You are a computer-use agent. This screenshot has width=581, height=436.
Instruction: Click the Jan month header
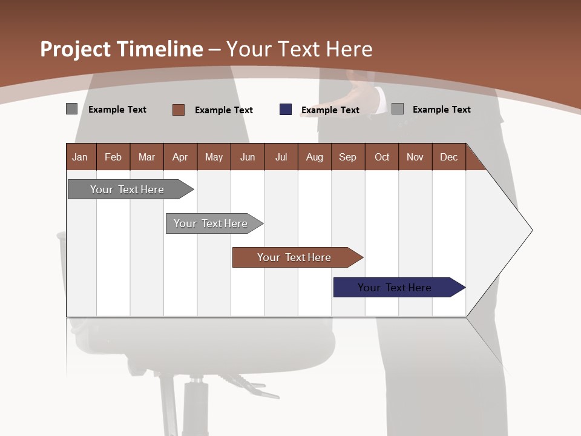80,157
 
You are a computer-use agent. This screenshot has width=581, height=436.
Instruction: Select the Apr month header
180,157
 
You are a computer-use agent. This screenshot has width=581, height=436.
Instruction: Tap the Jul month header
281,157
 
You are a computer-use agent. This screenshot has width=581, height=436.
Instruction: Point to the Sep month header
347,157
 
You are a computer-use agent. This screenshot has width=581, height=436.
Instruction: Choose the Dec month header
448,157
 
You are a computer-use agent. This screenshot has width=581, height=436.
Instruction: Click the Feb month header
113,157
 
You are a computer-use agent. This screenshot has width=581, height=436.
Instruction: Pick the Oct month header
382,157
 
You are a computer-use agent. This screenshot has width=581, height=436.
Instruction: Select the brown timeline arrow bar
295,257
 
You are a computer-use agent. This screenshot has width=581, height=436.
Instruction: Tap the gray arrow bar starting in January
127,190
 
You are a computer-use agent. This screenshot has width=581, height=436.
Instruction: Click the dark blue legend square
286,110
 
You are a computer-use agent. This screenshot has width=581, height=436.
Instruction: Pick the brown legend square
179,110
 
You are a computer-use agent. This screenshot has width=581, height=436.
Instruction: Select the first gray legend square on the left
72,109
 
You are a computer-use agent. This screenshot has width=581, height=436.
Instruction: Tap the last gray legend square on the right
398,109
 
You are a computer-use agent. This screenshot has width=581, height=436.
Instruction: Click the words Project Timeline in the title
121,49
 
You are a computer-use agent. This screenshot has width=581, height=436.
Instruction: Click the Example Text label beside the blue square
330,110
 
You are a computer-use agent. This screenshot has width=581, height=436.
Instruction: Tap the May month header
214,157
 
